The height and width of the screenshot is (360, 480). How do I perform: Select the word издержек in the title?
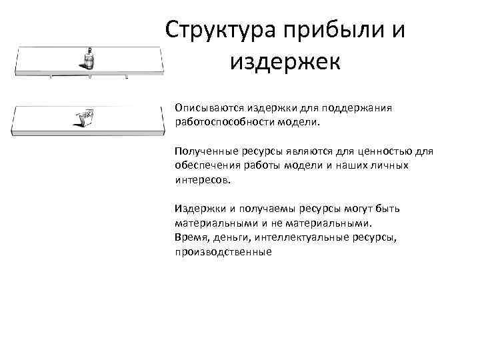pos(285,62)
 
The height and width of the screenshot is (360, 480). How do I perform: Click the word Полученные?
pos(203,151)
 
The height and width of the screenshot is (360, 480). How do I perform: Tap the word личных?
pos(391,165)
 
